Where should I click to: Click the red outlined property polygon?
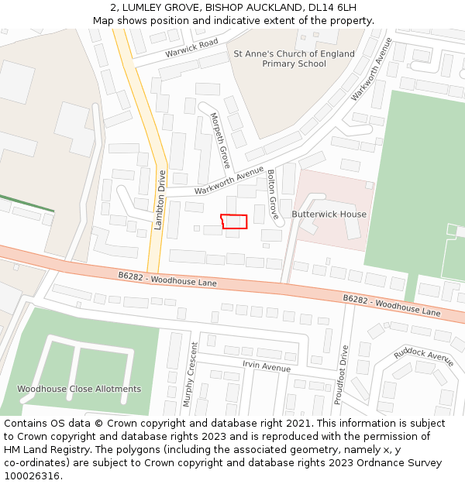tap(234, 221)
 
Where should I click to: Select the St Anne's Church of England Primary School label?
tap(294, 59)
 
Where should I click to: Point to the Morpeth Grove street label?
tap(220, 141)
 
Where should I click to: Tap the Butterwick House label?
tap(329, 214)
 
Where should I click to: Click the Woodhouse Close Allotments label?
tap(79, 389)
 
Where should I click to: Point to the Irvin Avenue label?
tap(267, 366)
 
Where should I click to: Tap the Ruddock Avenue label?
tap(423, 357)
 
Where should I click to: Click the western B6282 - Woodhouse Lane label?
tap(167, 280)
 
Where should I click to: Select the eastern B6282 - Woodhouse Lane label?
tap(391, 304)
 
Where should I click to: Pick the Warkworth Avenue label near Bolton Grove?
tap(229, 180)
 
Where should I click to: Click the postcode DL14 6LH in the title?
tap(332, 8)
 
